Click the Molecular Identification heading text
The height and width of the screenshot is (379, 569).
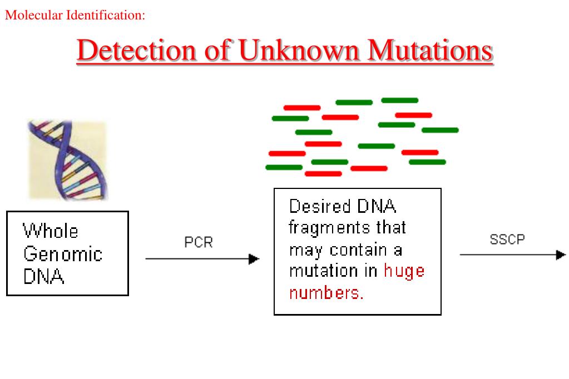pyautogui.click(x=75, y=16)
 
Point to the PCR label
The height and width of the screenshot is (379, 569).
pyautogui.click(x=199, y=243)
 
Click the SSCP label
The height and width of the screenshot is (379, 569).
pyautogui.click(x=507, y=240)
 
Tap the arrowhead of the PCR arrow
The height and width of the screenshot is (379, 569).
pyautogui.click(x=254, y=259)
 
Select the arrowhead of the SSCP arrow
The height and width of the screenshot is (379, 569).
pyautogui.click(x=561, y=255)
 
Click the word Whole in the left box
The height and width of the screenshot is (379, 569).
pyautogui.click(x=51, y=231)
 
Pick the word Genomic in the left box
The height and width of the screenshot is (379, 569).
pyautogui.click(x=63, y=255)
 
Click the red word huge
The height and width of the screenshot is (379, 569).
pyautogui.click(x=404, y=271)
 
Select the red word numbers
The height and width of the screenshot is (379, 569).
pyautogui.click(x=326, y=293)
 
